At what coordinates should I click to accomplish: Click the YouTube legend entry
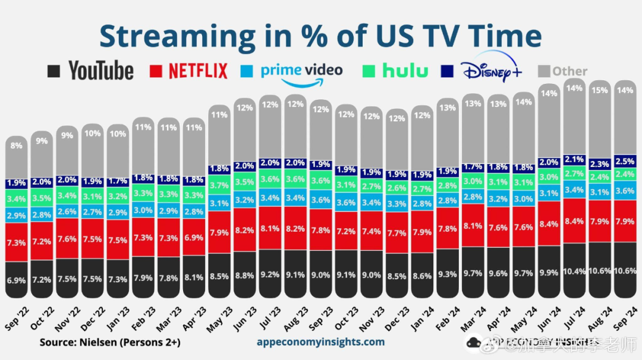tap(91, 71)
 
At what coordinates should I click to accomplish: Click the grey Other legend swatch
tap(543, 71)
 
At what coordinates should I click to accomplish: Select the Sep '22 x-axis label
tap(16, 318)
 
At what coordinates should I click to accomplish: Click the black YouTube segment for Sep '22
tap(17, 279)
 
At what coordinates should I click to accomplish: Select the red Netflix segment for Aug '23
tap(295, 228)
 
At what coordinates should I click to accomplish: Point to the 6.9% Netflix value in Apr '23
tap(194, 238)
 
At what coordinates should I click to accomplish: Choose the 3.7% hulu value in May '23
tap(219, 186)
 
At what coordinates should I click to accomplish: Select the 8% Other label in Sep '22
tap(17, 145)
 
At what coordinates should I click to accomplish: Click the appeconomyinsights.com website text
tap(320, 342)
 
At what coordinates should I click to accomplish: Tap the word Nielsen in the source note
tap(102, 342)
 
